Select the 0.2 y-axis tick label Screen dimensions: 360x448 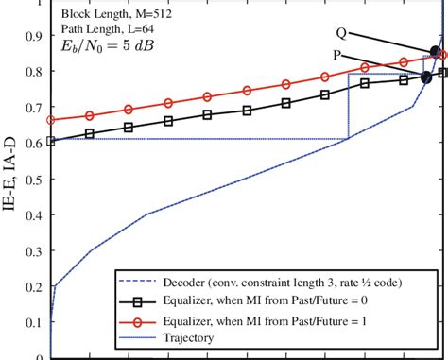[x=34, y=286]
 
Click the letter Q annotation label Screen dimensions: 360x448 [x=340, y=32]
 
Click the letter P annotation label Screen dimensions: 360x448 [x=338, y=56]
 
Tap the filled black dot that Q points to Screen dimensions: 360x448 [x=435, y=52]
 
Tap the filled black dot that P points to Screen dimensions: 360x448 [x=426, y=77]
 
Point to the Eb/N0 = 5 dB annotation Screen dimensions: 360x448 [x=104, y=45]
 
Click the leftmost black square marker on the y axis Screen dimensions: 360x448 [x=51, y=141]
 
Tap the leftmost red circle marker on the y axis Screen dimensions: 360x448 [x=51, y=120]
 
